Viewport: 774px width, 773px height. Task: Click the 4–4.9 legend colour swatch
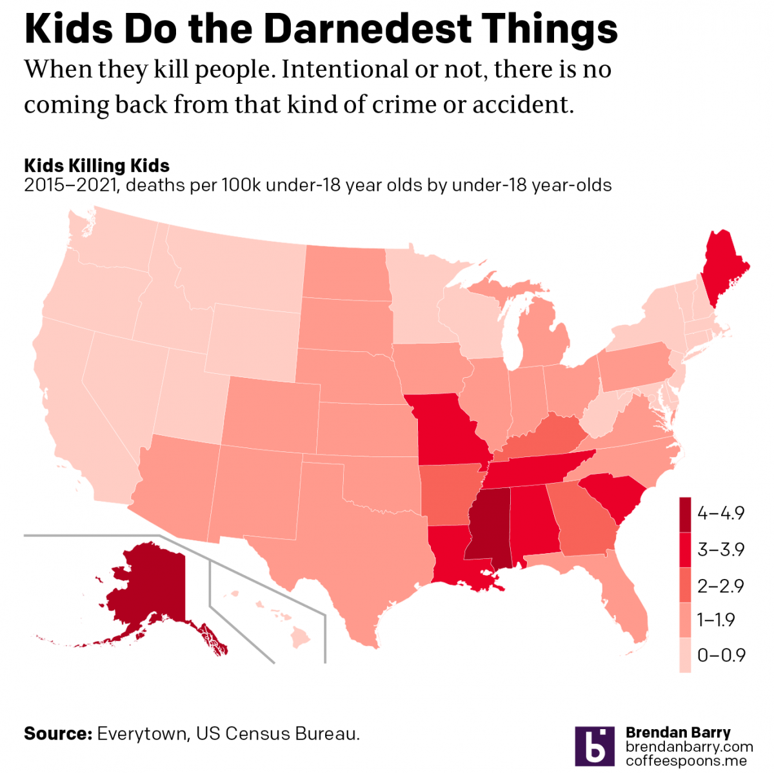tap(685, 514)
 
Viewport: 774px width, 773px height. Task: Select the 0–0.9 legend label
tap(721, 655)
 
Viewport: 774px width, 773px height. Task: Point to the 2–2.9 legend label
tap(720, 585)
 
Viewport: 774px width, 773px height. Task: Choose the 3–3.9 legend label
tap(720, 549)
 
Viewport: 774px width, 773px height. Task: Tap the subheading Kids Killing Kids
tap(97, 166)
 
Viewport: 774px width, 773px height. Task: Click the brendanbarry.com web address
tap(690, 747)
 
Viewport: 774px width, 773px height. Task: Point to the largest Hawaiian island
tap(300, 638)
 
